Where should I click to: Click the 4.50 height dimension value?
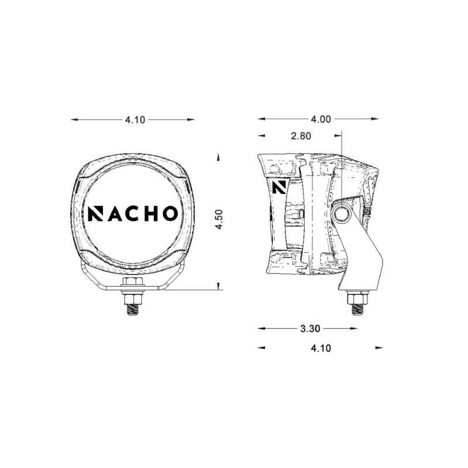(219, 220)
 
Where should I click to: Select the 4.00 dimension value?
(321, 119)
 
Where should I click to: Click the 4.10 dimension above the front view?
(135, 119)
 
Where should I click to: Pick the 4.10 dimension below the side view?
(321, 348)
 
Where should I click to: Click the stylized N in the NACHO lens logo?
(95, 214)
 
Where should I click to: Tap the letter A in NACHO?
(114, 214)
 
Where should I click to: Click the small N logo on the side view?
(278, 187)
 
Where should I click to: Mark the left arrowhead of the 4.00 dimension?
(261, 119)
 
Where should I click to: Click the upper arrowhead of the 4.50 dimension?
(218, 157)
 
